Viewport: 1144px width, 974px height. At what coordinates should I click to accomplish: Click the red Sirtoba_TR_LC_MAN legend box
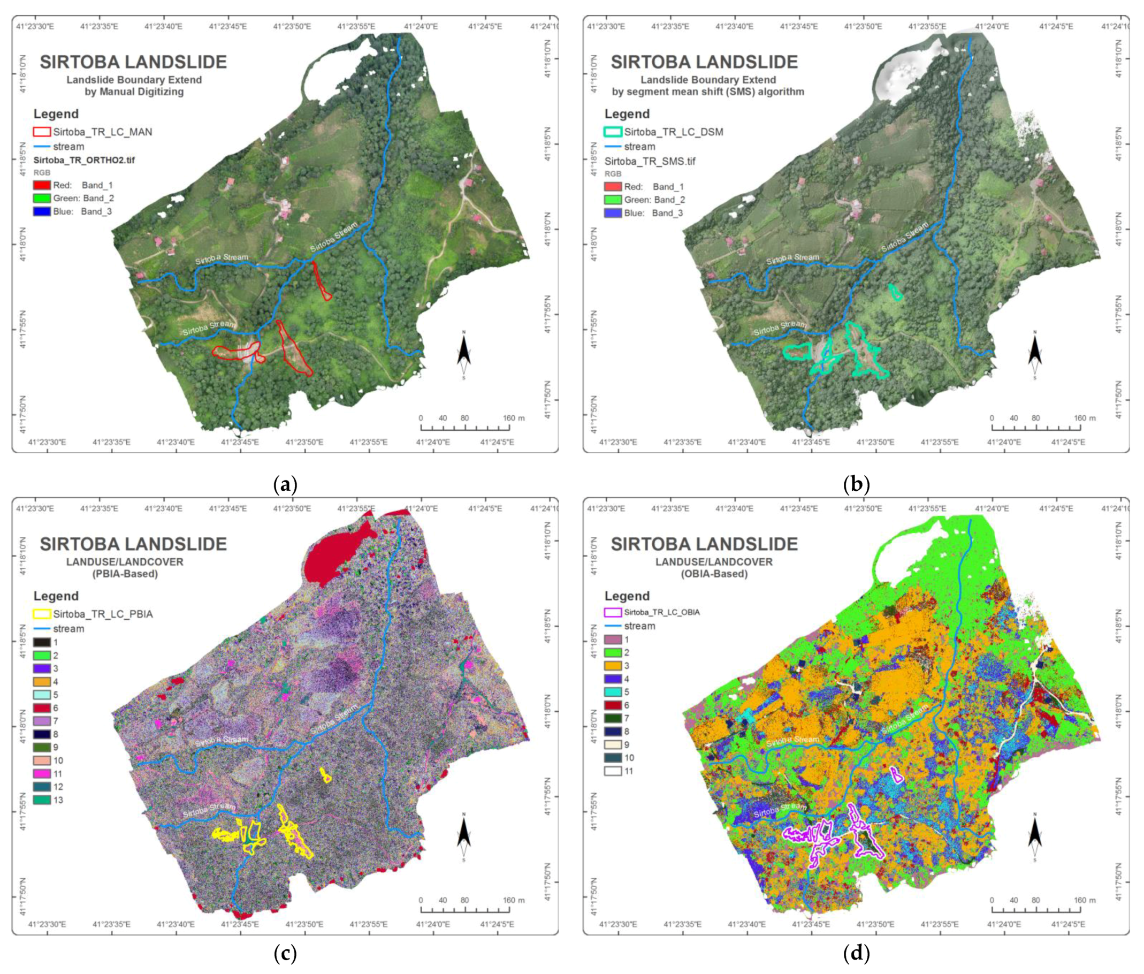coord(42,132)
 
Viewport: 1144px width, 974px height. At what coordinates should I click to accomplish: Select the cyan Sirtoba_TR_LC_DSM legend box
coord(613,132)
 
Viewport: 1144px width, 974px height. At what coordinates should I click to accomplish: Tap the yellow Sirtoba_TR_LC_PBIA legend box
coord(42,614)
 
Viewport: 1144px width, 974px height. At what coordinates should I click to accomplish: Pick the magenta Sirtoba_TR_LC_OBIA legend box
coord(613,612)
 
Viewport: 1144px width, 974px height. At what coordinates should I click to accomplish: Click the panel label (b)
coord(856,485)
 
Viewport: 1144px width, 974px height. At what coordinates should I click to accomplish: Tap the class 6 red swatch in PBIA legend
coord(42,708)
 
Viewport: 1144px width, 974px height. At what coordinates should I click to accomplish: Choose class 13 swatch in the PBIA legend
coord(42,800)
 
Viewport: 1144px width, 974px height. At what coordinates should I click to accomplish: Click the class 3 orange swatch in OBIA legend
coord(613,666)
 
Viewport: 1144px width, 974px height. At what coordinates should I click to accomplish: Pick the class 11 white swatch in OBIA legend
coord(613,771)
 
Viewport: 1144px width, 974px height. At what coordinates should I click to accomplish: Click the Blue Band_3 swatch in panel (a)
coord(42,211)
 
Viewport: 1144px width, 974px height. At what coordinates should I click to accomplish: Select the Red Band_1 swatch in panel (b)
coord(613,187)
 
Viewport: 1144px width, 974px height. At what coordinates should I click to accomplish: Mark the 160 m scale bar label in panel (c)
coord(514,900)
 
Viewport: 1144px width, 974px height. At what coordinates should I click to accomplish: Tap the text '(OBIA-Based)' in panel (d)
coord(714,574)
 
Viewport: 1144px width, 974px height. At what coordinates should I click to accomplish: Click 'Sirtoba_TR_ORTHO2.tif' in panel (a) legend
coord(84,160)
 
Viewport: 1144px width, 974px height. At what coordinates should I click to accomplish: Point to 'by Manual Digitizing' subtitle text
coord(134,92)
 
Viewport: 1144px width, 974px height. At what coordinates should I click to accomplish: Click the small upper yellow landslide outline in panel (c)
coord(326,775)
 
